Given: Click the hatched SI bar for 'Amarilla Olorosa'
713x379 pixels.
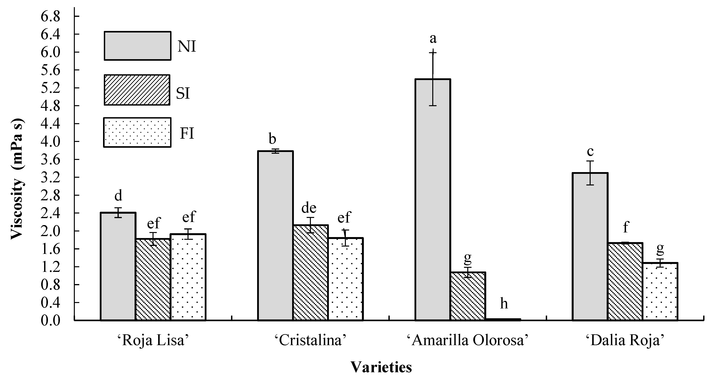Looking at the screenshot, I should pyautogui.click(x=468, y=296).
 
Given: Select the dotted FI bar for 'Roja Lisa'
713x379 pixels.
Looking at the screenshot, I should pyautogui.click(x=188, y=277).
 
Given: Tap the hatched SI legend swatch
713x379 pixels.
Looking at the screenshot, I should pyautogui.click(x=137, y=90).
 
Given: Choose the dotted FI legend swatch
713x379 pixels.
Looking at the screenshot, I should pyautogui.click(x=137, y=132).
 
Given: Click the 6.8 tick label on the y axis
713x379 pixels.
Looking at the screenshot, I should pyautogui.click(x=50, y=17).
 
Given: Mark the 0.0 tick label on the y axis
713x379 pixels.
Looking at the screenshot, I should pyautogui.click(x=50, y=321).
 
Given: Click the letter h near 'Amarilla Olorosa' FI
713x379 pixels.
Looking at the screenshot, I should pyautogui.click(x=504, y=304).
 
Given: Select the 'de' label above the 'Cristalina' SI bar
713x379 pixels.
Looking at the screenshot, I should pyautogui.click(x=309, y=208).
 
